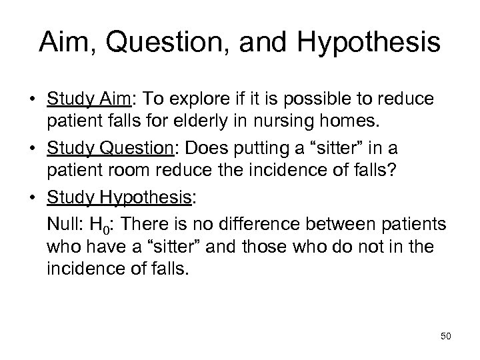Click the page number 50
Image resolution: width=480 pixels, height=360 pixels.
pos(445,336)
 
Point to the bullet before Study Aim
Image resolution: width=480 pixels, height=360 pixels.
pos(33,100)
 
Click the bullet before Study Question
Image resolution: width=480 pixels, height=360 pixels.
pos(33,146)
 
